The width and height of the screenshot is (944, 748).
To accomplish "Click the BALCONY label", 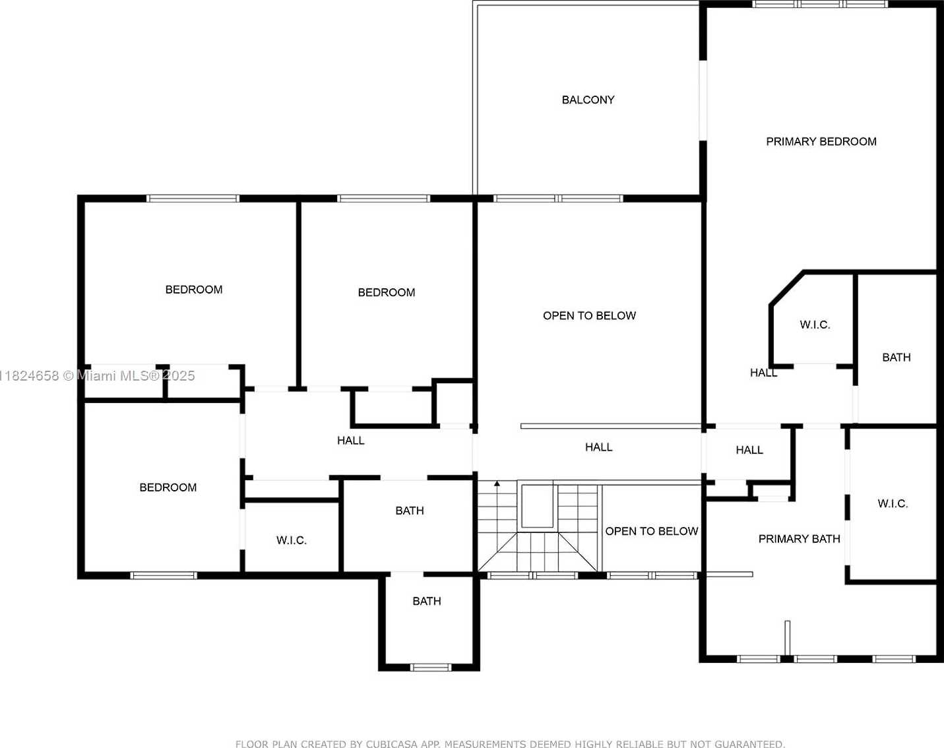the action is pyautogui.click(x=588, y=100).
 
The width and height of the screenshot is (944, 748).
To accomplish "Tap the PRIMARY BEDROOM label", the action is pyautogui.click(x=821, y=142).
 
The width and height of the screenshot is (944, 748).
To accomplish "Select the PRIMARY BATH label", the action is pyautogui.click(x=800, y=539).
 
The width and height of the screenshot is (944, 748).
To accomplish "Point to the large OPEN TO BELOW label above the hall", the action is pyautogui.click(x=589, y=316).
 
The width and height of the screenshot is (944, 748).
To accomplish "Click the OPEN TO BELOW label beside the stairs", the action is pyautogui.click(x=651, y=531).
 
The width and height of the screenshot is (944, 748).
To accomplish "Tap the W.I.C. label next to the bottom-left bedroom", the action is pyautogui.click(x=292, y=540).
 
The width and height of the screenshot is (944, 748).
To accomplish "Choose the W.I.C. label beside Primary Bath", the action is pyautogui.click(x=893, y=504).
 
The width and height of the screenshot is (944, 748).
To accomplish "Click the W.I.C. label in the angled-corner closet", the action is pyautogui.click(x=815, y=325).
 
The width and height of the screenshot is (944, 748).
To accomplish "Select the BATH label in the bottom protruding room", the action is pyautogui.click(x=427, y=601).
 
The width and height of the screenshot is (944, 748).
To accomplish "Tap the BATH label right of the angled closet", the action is pyautogui.click(x=897, y=358).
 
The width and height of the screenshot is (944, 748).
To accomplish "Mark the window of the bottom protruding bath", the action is pyautogui.click(x=431, y=668).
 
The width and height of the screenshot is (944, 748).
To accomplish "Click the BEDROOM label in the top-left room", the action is pyautogui.click(x=194, y=290).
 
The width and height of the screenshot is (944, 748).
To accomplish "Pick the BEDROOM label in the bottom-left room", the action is pyautogui.click(x=168, y=487).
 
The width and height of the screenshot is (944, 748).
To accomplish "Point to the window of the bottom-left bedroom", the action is pyautogui.click(x=163, y=576).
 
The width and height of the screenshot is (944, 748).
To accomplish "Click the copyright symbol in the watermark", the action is pyautogui.click(x=69, y=376).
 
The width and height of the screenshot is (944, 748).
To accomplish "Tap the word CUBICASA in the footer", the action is pyautogui.click(x=389, y=744).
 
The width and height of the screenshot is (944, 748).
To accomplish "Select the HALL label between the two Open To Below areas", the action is pyautogui.click(x=599, y=447).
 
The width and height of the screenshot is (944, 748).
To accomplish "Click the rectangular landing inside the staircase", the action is pyautogui.click(x=538, y=506).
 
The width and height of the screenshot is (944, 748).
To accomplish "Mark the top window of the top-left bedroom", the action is pyautogui.click(x=193, y=199).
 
